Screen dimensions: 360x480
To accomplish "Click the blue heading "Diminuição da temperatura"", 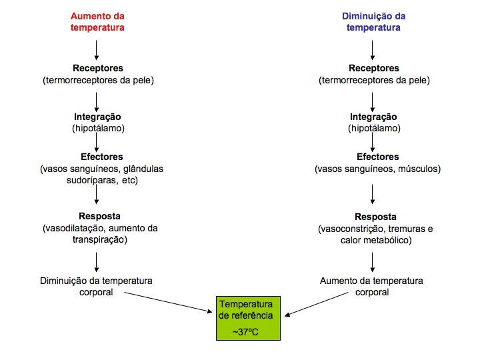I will point(373,21).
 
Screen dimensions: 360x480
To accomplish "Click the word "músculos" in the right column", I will point(419,169).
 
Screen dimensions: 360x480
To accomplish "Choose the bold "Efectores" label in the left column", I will point(97,157).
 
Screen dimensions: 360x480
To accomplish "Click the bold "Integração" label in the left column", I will point(97,116).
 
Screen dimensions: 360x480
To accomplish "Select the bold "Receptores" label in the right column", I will point(373,68).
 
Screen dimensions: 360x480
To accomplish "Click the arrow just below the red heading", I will point(97,49).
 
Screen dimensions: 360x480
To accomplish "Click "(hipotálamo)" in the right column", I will point(373,128).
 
